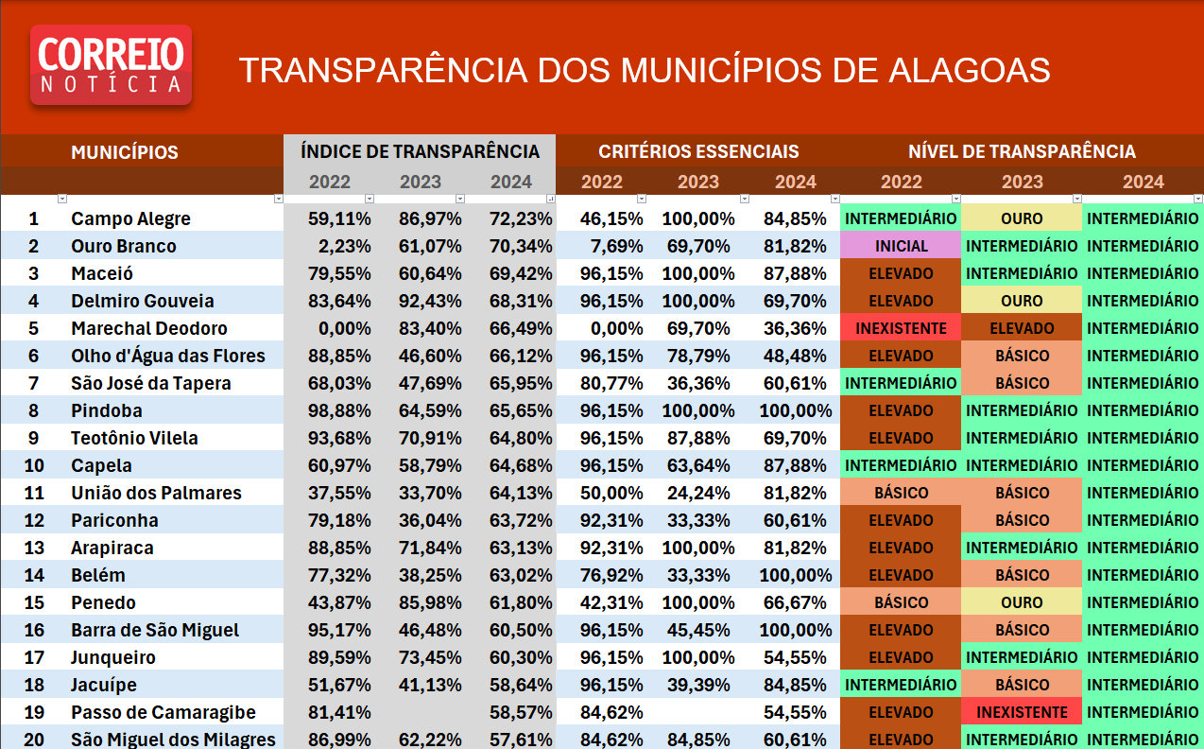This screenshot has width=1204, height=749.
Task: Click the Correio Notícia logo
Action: pos(111,64)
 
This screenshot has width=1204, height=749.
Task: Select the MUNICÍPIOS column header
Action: pos(124,152)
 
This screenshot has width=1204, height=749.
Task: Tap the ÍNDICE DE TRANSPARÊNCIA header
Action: pos(420,151)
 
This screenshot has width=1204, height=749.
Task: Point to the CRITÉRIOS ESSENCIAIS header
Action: pos(698,151)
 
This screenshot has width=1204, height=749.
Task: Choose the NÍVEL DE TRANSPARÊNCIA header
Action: pos(1022,151)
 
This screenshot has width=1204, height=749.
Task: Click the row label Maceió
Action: pos(102,273)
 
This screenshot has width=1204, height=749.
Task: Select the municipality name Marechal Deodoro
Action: pos(149,328)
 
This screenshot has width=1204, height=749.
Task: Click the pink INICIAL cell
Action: pos(901,246)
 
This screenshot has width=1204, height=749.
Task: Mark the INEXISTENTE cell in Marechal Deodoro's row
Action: pos(901,328)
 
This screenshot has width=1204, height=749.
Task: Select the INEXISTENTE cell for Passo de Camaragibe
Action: pos(1022,712)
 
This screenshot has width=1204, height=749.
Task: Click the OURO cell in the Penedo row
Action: pos(1022,602)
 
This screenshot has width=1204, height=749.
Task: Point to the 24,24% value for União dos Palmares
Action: pos(698,493)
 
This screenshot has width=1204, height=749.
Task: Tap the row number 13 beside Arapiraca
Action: pos(34,548)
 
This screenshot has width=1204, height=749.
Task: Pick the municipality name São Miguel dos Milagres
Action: pos(173,740)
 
